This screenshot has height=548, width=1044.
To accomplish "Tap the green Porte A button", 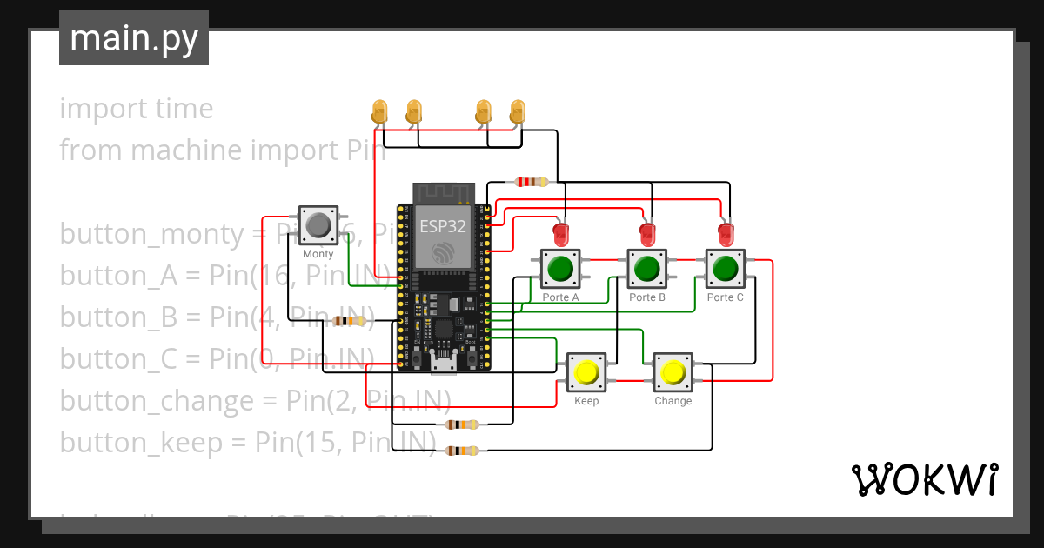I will [560, 269].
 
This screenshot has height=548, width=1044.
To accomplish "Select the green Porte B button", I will [646, 269].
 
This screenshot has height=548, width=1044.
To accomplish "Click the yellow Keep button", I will [586, 373].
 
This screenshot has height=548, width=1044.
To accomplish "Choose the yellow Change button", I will [673, 373].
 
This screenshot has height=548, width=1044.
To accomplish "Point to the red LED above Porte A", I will [561, 233].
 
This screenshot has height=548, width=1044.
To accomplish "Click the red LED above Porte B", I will [647, 233].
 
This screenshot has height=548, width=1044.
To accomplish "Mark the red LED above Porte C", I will [726, 233].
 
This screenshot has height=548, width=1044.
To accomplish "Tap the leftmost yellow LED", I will [379, 110].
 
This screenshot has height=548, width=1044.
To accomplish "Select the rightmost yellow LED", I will [518, 110].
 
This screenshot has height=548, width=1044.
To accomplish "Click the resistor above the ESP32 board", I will [532, 182].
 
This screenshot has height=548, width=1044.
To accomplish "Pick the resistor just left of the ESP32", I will [350, 321].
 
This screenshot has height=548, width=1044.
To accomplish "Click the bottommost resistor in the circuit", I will [461, 451].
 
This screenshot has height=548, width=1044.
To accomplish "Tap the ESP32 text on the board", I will [442, 226].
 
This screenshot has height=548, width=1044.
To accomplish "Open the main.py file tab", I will [134, 38].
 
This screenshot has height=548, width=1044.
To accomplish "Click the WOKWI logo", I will [924, 479].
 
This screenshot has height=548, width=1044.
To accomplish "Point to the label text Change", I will [673, 401].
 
